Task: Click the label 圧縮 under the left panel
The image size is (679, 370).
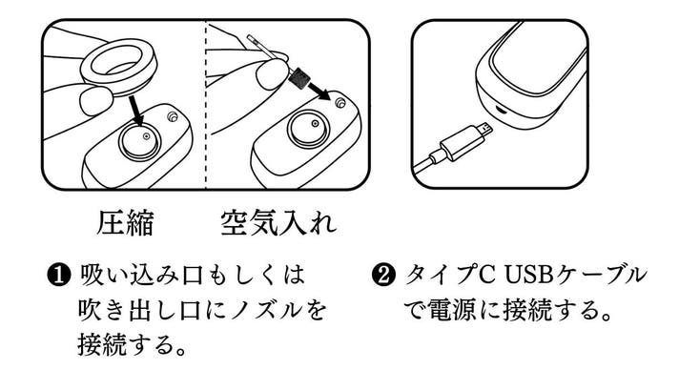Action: pos(125,223)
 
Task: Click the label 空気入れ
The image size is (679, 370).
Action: pos(278,223)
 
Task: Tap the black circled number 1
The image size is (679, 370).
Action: pos(58,276)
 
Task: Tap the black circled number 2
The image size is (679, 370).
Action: pos(383,276)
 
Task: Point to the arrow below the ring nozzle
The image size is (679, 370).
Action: pos(137,111)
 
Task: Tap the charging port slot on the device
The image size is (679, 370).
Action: pos(502,109)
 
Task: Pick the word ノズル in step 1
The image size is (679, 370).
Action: pos(266,310)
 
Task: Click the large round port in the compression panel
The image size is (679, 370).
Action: pos(139,140)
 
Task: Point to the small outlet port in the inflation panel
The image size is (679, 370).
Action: pos(340,103)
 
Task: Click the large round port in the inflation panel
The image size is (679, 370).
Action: pos(308,128)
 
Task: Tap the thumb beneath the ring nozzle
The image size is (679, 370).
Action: pos(95,100)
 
